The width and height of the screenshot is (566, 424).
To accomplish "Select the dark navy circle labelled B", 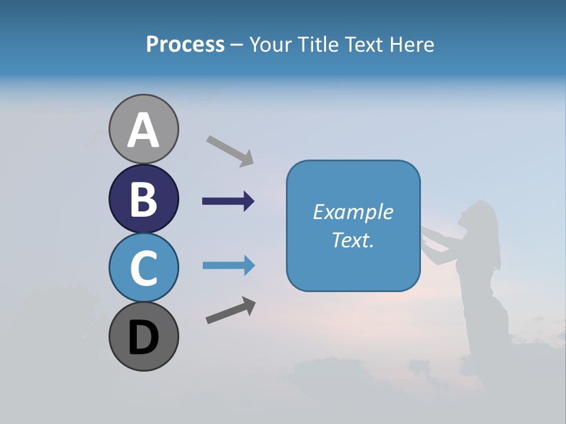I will pos(144,198).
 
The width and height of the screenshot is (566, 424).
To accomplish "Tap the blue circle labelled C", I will pos(144,267).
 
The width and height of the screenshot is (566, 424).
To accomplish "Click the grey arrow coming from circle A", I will pos(230,150).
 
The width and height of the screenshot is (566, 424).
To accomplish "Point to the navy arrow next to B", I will pos(228,201).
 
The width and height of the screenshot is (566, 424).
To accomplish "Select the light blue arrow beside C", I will pos(228,266).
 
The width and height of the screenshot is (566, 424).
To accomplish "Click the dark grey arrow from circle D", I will pos(231,310).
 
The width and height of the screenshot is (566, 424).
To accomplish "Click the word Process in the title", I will pos(185,44).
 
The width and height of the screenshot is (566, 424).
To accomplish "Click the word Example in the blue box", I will pos(353,212).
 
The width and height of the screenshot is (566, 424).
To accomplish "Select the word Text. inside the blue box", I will pos(353,240).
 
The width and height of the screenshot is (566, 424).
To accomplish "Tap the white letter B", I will pos(144,198).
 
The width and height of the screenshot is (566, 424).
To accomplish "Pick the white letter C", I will pos(144,267).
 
